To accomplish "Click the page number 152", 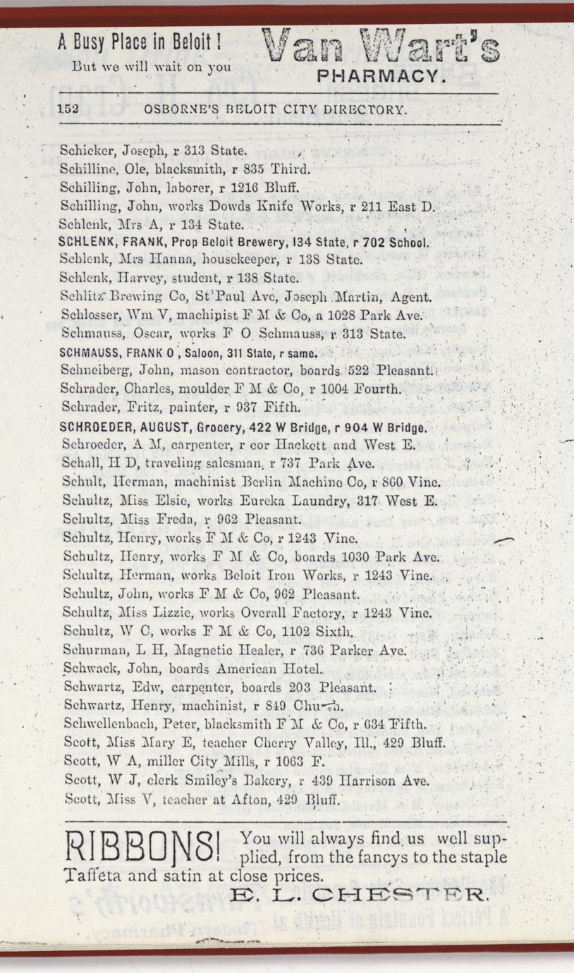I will [68, 110].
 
